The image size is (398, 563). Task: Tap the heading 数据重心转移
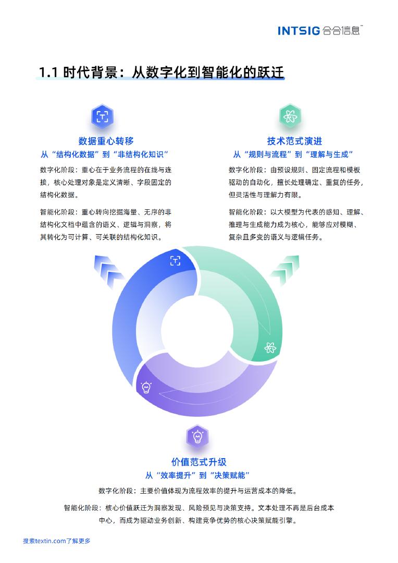pos(106,141)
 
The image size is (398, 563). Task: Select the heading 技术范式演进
pos(294,141)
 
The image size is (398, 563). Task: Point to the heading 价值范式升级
pos(198,462)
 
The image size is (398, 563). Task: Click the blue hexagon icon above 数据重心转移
pos(102,116)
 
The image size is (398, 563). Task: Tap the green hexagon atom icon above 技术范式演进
pos(290,116)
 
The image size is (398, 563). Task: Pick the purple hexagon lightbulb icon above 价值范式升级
pos(197,436)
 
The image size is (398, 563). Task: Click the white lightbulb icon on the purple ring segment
pos(146,387)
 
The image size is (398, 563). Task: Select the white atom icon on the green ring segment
pos(270,348)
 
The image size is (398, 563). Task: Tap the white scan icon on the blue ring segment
pos(176,261)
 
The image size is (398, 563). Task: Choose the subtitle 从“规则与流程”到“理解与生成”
pos(293,154)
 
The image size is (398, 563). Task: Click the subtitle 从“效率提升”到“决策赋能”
pos(198,475)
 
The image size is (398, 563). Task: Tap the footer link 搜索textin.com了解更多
pos(56,541)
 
